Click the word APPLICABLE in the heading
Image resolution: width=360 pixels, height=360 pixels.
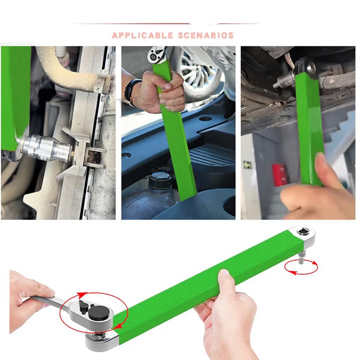[142, 35]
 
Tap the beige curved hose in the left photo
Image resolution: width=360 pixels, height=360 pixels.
[67, 63]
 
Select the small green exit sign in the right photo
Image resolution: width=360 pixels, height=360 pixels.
[247, 165]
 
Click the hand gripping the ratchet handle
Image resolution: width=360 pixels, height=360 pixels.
[27, 297]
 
